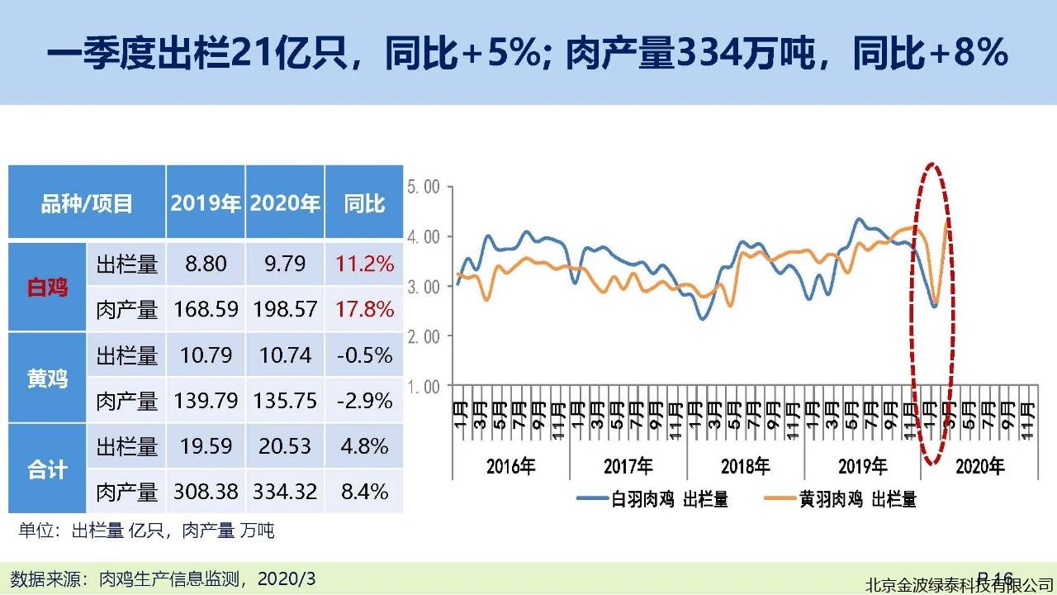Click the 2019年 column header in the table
[x=205, y=203]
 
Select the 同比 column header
[x=364, y=203]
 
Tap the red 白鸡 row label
[x=47, y=288]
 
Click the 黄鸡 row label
[x=47, y=378]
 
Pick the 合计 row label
[x=47, y=469]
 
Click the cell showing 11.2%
[x=364, y=264]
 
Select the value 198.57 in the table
[x=285, y=310]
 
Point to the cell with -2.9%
[x=364, y=401]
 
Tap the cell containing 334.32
[x=285, y=492]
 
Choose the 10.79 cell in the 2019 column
[x=205, y=355]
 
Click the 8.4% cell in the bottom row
[x=364, y=492]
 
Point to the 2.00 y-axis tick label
[x=424, y=336]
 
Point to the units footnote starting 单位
[x=146, y=531]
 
